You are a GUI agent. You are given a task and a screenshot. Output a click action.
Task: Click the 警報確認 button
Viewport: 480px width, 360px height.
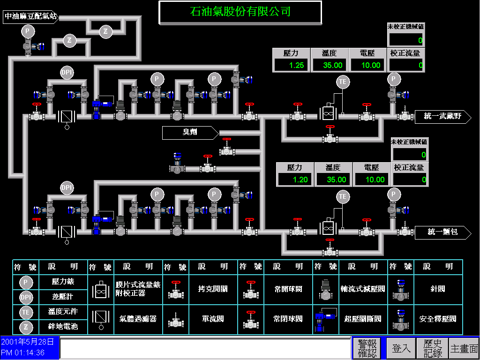pos(367,349)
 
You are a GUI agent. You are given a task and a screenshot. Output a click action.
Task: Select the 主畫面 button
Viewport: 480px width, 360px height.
pos(464,349)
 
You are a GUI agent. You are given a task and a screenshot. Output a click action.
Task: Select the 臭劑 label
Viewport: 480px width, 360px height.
pos(190,133)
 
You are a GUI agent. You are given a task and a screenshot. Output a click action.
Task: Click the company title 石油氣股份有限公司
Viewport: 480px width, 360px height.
pos(240,12)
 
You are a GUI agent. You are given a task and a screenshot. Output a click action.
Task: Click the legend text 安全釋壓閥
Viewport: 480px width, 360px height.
pos(438,319)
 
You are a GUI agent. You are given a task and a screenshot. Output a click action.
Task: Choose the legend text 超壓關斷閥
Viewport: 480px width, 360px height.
pos(363,319)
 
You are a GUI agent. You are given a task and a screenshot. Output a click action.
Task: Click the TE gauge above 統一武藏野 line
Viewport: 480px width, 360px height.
pos(343,82)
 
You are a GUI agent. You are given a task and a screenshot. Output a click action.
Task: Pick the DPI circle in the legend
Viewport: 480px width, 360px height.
pos(26,297)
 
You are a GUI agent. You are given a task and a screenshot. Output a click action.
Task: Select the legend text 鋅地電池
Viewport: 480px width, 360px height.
pos(63,326)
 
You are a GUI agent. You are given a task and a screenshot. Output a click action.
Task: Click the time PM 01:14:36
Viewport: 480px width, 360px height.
pos(23,352)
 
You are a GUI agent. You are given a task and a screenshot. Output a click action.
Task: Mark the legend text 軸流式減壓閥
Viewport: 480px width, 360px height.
pos(363,289)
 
